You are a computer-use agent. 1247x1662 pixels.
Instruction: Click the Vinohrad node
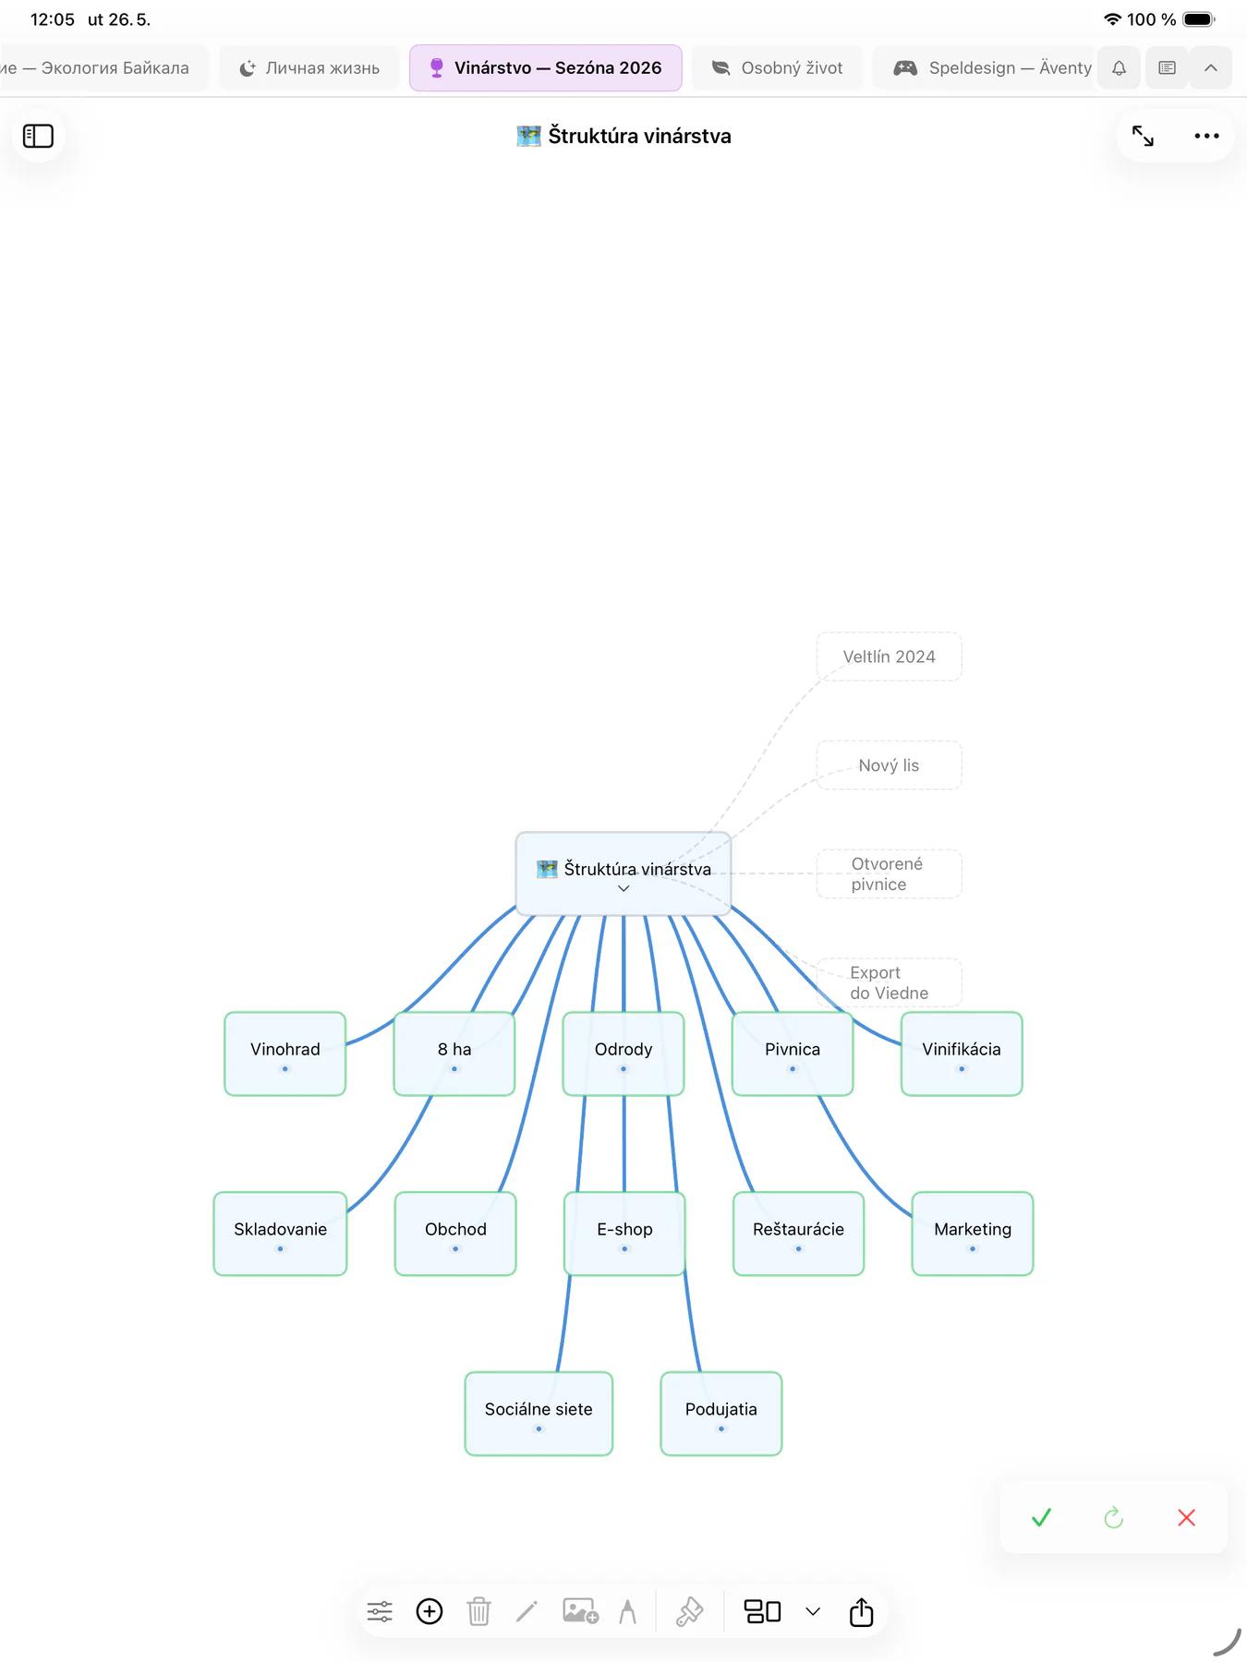pos(285,1054)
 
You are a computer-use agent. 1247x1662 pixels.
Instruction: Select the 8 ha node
pos(454,1054)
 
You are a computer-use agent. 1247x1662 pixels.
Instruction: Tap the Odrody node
pos(623,1054)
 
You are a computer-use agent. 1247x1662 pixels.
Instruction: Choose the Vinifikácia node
pos(962,1054)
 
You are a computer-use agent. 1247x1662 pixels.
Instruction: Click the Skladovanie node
pos(280,1234)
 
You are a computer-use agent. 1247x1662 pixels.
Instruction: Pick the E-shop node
pos(624,1234)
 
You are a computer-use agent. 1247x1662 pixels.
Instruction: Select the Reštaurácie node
pos(798,1234)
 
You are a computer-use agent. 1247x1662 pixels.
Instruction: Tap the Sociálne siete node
pos(539,1414)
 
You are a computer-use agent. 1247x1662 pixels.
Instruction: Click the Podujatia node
pos(721,1414)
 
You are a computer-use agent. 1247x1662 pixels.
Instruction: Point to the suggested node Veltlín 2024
pos(889,656)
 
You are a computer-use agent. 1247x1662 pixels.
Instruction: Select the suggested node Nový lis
pos(889,765)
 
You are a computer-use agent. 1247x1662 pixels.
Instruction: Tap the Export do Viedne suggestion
pos(889,982)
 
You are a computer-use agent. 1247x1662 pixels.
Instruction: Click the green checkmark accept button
pos(1041,1517)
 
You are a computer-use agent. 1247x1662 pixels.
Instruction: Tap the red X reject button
pos(1187,1517)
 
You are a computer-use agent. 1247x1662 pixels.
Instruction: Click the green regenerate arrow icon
pos(1114,1517)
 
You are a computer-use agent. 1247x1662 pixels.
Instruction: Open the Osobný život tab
pos(778,67)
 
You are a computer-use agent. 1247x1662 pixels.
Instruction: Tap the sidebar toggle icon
pos(38,136)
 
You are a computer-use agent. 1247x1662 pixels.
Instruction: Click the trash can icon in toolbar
pos(478,1611)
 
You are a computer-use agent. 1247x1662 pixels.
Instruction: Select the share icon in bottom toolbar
pos(861,1611)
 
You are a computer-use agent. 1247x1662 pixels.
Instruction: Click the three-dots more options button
pos(1206,136)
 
